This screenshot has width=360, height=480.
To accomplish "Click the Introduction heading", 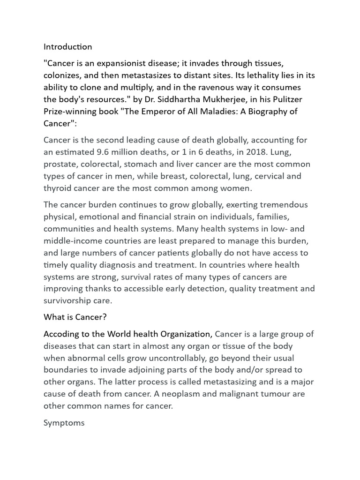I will [x=67, y=47].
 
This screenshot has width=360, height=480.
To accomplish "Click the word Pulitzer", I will [x=294, y=99].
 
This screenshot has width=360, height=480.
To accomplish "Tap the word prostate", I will [x=60, y=164].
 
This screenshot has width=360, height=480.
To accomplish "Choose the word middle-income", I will [x=70, y=241].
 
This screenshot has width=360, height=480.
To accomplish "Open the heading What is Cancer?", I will [x=75, y=317].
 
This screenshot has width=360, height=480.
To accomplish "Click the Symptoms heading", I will [x=64, y=423].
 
